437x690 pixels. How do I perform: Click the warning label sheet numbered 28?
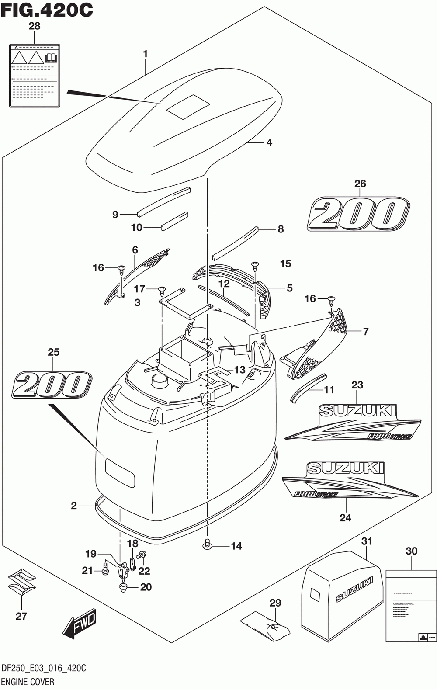tap(35, 75)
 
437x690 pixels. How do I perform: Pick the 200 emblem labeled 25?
tap(52, 384)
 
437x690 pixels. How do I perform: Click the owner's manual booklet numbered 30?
tap(411, 605)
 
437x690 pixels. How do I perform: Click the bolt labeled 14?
tap(208, 544)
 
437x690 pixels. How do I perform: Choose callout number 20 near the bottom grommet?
tap(146, 587)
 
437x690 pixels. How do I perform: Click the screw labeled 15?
tap(255, 265)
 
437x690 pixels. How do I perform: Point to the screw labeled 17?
tap(163, 290)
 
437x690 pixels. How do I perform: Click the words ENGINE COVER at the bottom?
tap(28, 682)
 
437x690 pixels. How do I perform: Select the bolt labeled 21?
tap(105, 569)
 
